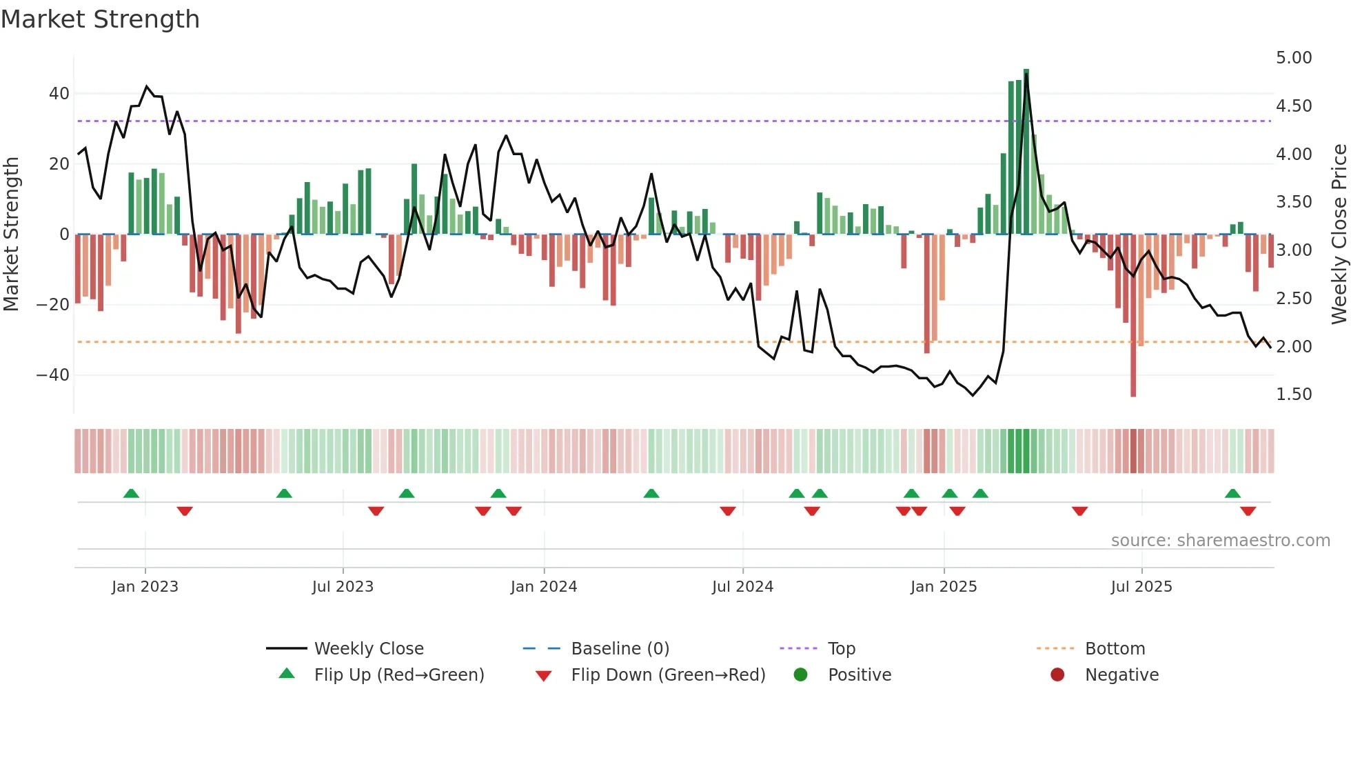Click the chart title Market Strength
[x=101, y=19]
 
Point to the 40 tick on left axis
[x=59, y=94]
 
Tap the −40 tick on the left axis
[x=53, y=375]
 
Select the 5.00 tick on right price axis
[x=1293, y=58]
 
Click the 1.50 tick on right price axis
[x=1293, y=394]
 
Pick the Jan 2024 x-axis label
[x=543, y=587]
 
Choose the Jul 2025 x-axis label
[x=1141, y=587]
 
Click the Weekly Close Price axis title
[x=1339, y=234]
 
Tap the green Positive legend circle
[x=800, y=674]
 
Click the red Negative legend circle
[x=1057, y=674]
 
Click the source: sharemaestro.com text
[x=1220, y=541]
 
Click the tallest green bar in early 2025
[x=1026, y=152]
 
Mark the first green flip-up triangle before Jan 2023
[x=131, y=493]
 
